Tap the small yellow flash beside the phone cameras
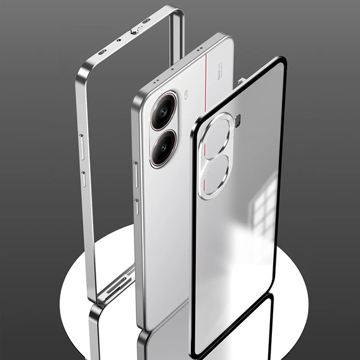click(x=187, y=97)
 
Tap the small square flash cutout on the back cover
click(x=238, y=120)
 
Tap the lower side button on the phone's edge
click(x=137, y=209)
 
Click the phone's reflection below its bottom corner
click(x=158, y=339)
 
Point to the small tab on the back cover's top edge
click(x=241, y=81)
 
